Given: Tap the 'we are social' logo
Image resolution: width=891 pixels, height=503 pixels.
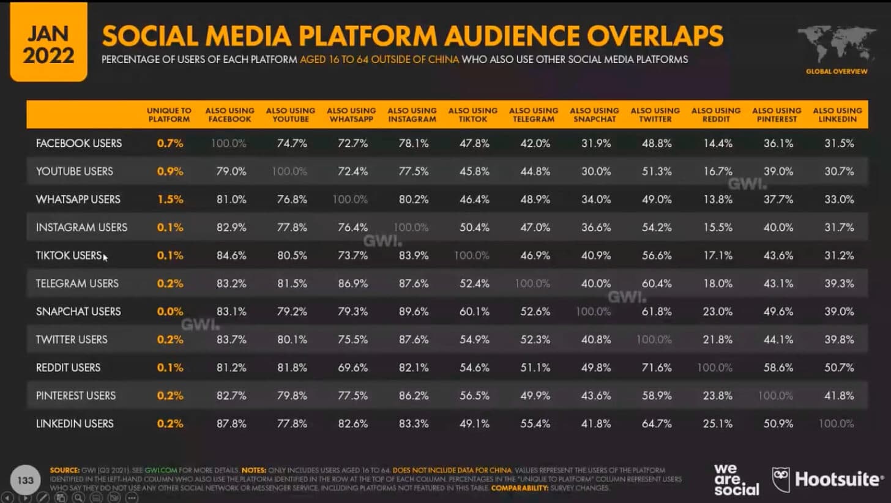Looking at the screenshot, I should point(736,479).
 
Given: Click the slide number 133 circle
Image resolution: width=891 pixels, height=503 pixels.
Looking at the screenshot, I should point(26,481).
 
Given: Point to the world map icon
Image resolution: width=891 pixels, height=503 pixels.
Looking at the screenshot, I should point(836,46).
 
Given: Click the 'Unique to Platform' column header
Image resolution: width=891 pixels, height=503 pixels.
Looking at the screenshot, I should point(169,115).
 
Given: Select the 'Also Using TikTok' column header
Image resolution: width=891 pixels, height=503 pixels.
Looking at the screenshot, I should point(472,115).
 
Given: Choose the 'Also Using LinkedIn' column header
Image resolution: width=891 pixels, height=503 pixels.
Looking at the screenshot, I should point(837,115).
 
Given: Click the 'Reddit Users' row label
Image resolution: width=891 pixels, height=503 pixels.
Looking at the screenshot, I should point(68,368).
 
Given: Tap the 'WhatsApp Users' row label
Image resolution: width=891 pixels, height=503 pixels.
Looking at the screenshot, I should point(78,199).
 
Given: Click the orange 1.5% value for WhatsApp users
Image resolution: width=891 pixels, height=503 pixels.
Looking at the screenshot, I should point(170,199).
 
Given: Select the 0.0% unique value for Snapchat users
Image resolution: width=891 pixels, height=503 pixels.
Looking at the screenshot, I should point(170,311).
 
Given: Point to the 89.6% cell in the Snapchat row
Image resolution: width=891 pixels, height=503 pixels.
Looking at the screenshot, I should point(412,311).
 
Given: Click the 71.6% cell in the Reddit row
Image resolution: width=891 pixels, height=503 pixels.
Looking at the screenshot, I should point(655,368).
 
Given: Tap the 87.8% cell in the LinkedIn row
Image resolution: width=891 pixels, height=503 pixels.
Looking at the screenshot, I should point(230,423).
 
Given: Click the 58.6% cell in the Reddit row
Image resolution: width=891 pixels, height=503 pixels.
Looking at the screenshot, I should point(777,368).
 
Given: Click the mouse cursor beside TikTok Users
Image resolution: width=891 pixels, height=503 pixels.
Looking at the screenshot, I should point(105,258).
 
